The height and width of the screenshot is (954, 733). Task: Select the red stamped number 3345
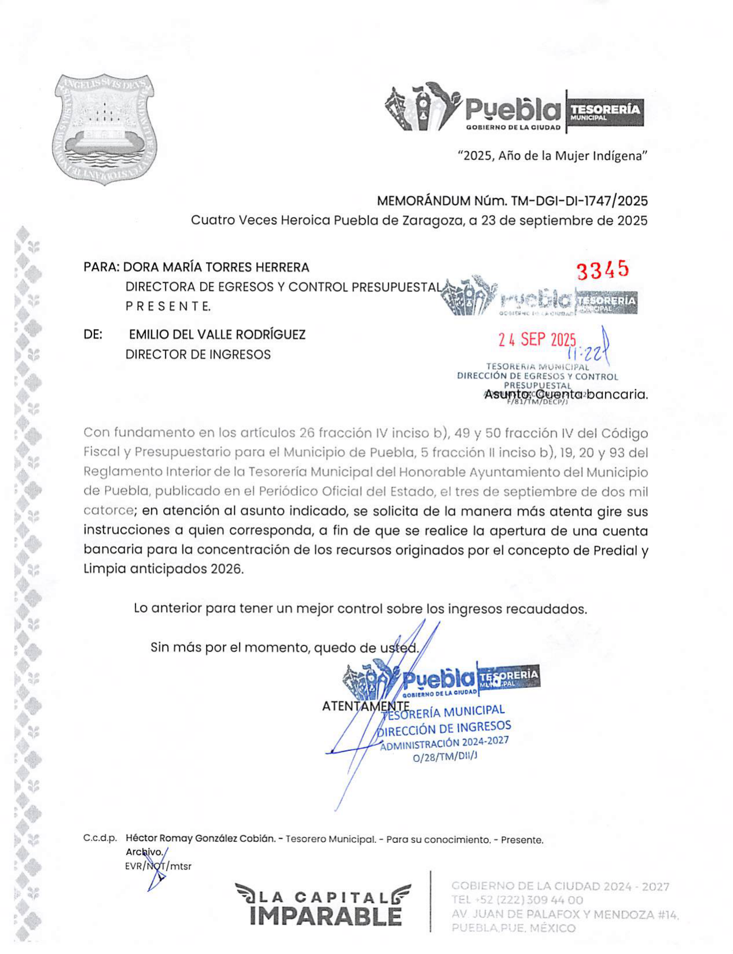pos(602,270)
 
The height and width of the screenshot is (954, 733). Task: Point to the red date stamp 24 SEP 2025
pos(537,340)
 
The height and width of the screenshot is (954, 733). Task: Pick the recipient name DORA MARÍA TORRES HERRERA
pos(216,267)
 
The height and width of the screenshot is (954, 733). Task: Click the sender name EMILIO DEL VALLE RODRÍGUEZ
pos(217,334)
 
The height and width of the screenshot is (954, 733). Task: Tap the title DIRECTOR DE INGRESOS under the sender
pos(198,354)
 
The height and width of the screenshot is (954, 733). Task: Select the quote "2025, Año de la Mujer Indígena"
pos(552,156)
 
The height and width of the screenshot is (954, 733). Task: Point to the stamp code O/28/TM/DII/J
pos(445,756)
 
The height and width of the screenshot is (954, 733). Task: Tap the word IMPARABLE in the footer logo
pos(326,916)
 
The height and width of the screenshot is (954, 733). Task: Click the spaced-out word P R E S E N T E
pos(168,306)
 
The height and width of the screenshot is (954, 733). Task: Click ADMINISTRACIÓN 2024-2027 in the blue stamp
pos(444,743)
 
